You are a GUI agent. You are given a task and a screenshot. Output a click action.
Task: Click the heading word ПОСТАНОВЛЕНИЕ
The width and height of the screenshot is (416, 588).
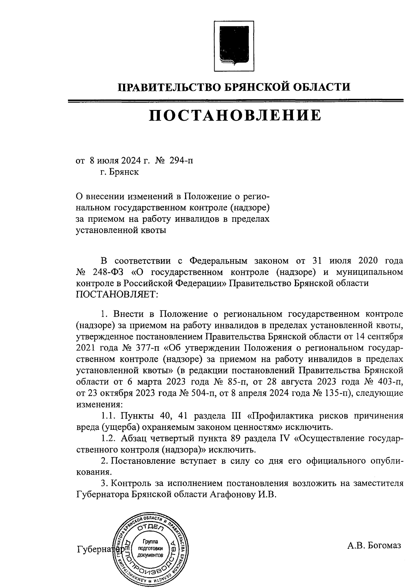(x=235, y=116)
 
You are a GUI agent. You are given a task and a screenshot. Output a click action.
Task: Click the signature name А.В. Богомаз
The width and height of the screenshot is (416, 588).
(x=374, y=545)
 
